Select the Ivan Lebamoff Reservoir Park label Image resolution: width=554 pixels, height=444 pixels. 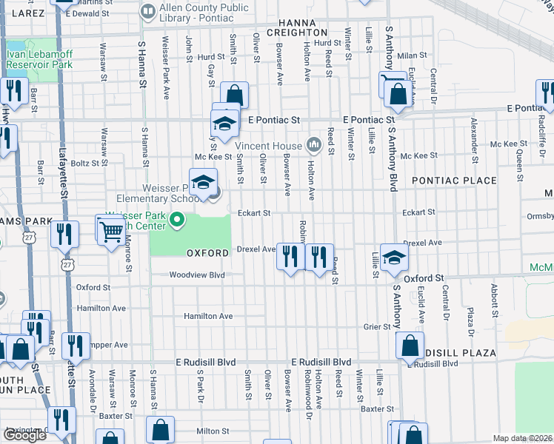(39, 59)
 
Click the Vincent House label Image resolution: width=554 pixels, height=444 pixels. (269, 146)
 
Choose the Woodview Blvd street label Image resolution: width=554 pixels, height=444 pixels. (196, 275)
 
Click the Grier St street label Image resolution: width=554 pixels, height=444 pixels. (376, 326)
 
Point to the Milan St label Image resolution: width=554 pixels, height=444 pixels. (408, 55)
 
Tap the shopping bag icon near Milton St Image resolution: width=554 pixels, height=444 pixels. (160, 429)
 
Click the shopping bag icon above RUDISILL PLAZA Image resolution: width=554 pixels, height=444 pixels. (410, 345)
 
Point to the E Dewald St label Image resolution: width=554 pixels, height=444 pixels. (87, 13)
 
